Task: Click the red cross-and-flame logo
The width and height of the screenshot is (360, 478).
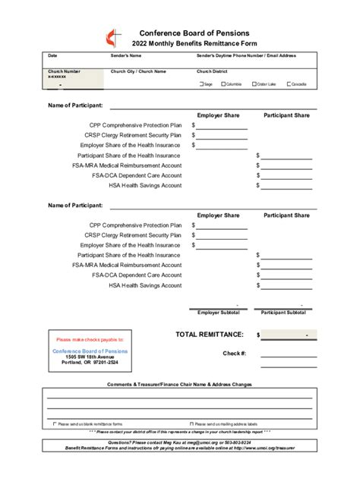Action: click(x=113, y=38)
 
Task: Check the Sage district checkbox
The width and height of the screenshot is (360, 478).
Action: click(x=200, y=84)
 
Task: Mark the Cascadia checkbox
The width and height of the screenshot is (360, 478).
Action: click(x=289, y=84)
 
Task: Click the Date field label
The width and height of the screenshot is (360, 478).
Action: click(x=52, y=55)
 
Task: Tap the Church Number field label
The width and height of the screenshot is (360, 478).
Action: click(x=64, y=71)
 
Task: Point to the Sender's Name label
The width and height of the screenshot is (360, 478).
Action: click(x=125, y=55)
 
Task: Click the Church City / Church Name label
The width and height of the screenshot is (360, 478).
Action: click(x=138, y=71)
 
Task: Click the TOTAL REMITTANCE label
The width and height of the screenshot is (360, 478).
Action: click(x=210, y=334)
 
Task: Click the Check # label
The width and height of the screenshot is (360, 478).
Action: click(x=234, y=353)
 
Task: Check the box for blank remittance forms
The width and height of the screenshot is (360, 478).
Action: click(x=54, y=424)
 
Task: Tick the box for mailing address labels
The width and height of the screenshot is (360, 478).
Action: click(x=191, y=424)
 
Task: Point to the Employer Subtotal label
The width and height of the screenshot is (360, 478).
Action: click(x=219, y=312)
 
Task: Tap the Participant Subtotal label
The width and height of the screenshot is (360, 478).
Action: click(x=283, y=312)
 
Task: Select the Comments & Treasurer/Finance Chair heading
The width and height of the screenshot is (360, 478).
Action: click(x=179, y=385)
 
